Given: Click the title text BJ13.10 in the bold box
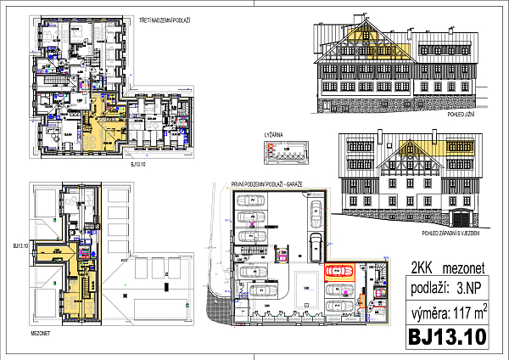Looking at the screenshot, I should coord(448,335).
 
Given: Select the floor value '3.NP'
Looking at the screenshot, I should coord(472,288).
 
